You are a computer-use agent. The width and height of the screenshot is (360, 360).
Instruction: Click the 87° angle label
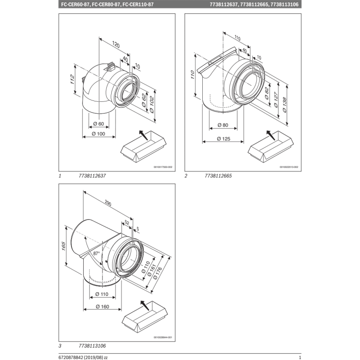pyautogui.click(x=96, y=254)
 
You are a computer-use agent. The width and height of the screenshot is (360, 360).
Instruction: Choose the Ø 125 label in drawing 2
pyautogui.click(x=223, y=139)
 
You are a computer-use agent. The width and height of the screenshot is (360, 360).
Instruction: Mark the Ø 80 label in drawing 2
pyautogui.click(x=223, y=125)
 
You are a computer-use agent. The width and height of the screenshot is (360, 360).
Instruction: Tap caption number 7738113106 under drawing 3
pyautogui.click(x=92, y=346)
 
